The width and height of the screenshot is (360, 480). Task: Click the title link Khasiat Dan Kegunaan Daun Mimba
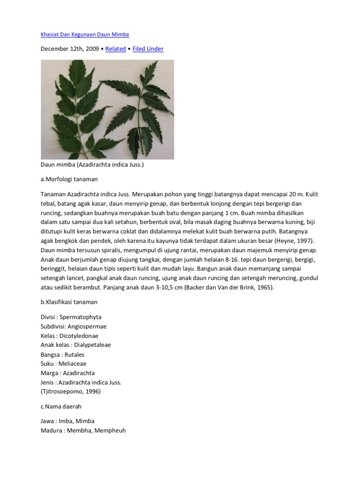[x=84, y=35]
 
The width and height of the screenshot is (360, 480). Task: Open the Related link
[x=115, y=49]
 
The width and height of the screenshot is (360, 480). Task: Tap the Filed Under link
[x=148, y=49]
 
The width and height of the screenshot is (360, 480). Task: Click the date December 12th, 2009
[x=70, y=49]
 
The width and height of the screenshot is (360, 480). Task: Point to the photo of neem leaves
[x=107, y=110]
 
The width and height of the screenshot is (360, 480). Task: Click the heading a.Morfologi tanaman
[x=69, y=180]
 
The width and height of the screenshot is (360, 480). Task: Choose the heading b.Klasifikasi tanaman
[x=69, y=302]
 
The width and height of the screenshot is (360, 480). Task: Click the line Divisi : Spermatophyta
[x=71, y=317]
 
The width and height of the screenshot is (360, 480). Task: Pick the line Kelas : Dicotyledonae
[x=69, y=336]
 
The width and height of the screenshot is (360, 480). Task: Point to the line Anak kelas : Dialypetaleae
[x=75, y=345]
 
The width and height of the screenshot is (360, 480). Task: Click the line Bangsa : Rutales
[x=62, y=354]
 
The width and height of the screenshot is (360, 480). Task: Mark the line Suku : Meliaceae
[x=63, y=364]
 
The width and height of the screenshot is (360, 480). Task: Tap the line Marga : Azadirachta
[x=67, y=373]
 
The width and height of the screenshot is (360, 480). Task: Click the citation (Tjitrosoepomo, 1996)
[x=70, y=391]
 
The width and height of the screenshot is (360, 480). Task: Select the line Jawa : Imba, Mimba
[x=67, y=421]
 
